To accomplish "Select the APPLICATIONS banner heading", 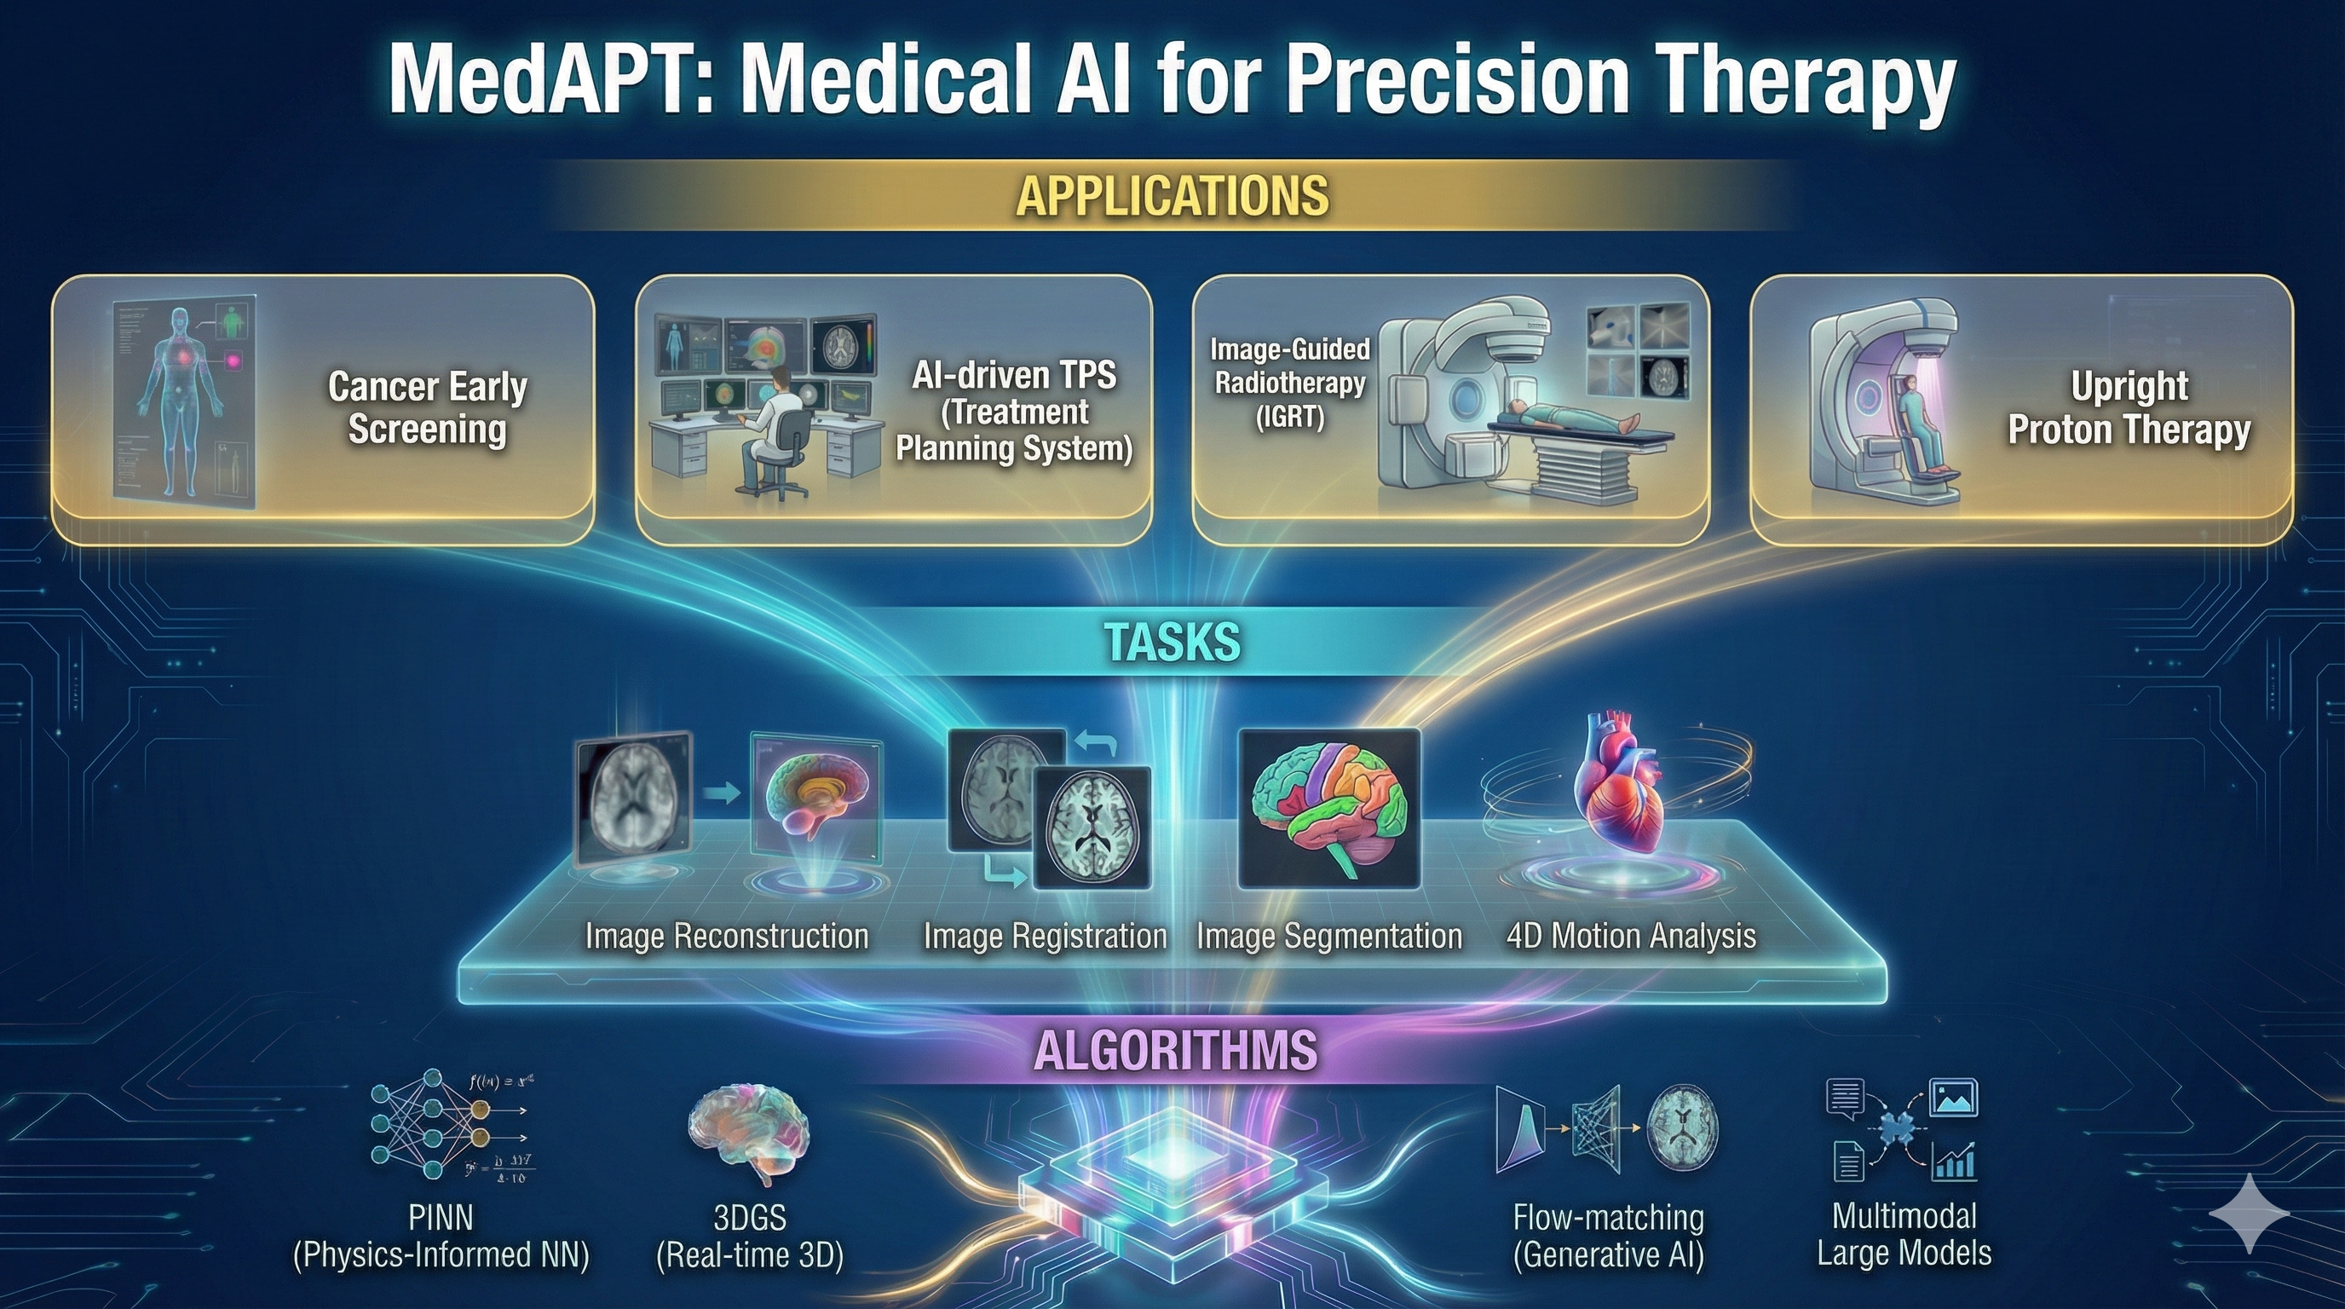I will coord(1172,196).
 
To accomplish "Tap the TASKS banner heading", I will coord(1172,642).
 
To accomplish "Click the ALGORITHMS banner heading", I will coord(1175,1051).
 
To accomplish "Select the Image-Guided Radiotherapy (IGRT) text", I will coord(1289,383).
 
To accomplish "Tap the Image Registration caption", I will coord(1044,936).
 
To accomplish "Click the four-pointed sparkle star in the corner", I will coord(2249,1214).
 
